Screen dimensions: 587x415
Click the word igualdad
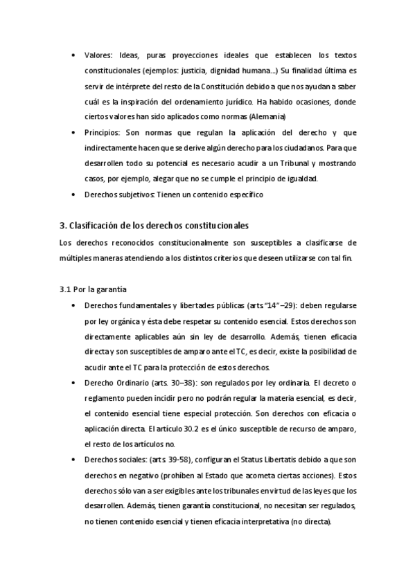(301, 179)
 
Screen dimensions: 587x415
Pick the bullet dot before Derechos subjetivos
(75, 195)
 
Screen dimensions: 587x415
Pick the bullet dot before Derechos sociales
(75, 460)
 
